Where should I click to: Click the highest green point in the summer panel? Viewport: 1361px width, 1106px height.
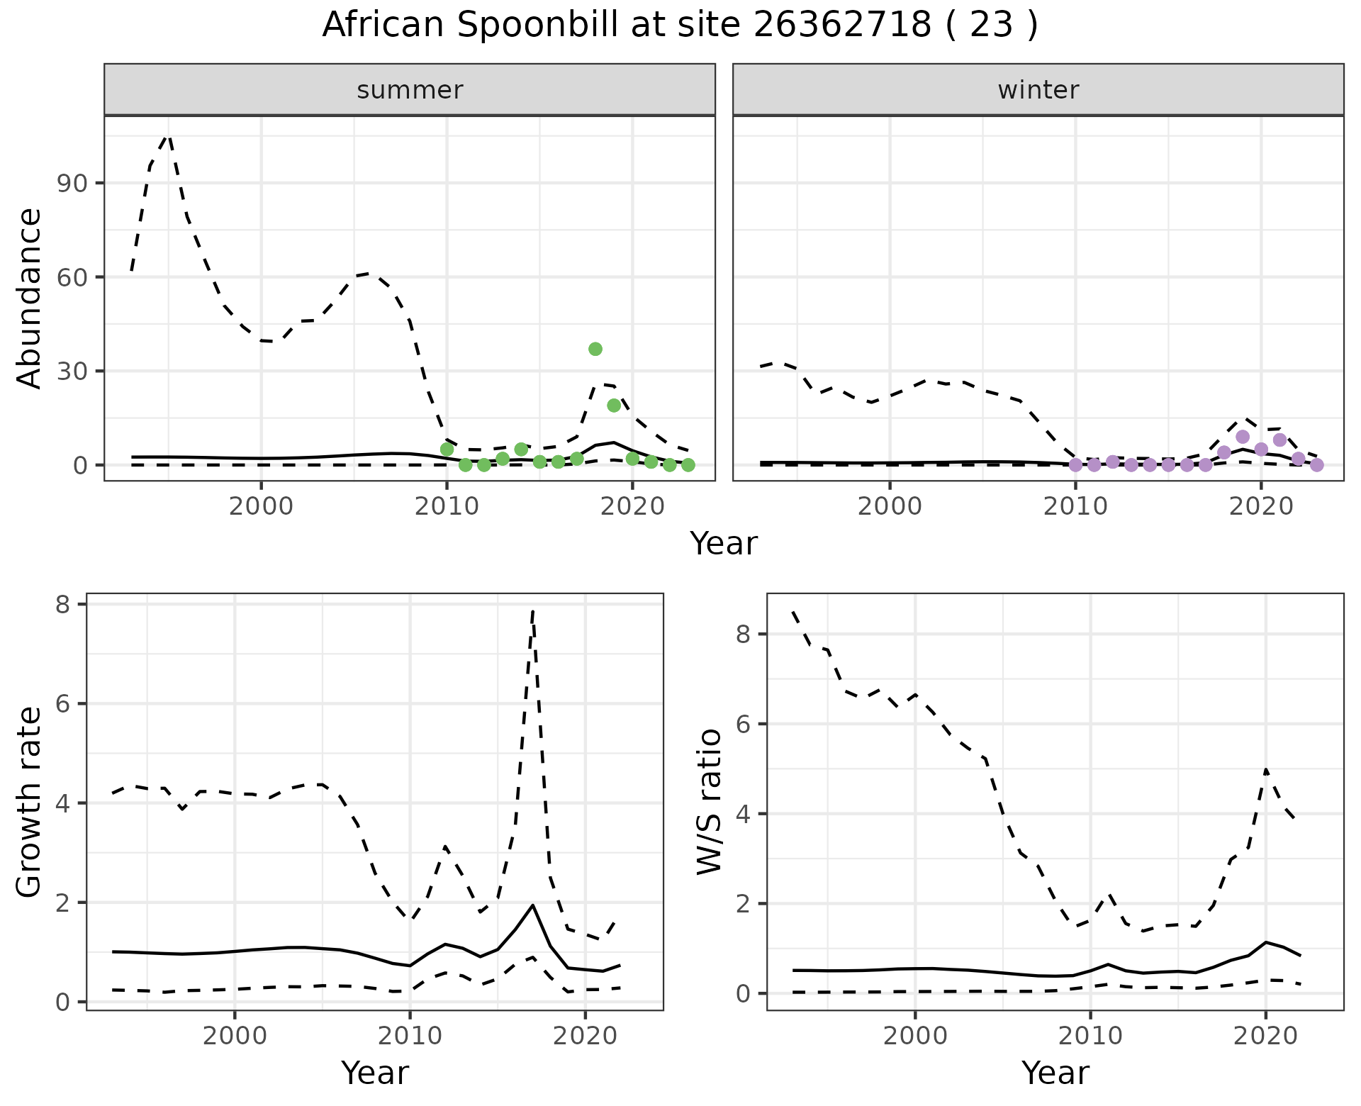click(595, 349)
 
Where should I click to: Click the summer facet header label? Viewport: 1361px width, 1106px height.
click(410, 90)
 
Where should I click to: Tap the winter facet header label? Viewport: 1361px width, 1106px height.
click(1038, 90)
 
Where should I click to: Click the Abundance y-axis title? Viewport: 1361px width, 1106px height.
click(30, 298)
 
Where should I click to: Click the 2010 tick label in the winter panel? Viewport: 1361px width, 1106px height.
click(1075, 507)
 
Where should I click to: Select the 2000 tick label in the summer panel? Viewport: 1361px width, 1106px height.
click(261, 507)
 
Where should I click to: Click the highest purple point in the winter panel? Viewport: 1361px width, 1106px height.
click(1243, 437)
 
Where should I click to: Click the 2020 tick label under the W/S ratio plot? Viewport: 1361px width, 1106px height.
click(1265, 1036)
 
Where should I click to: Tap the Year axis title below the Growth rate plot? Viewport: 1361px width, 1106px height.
click(375, 1073)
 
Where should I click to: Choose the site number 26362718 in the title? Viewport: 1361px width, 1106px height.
click(841, 26)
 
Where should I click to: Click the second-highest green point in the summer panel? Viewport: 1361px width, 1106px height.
click(614, 406)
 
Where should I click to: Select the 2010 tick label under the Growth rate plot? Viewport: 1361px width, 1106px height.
click(410, 1036)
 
